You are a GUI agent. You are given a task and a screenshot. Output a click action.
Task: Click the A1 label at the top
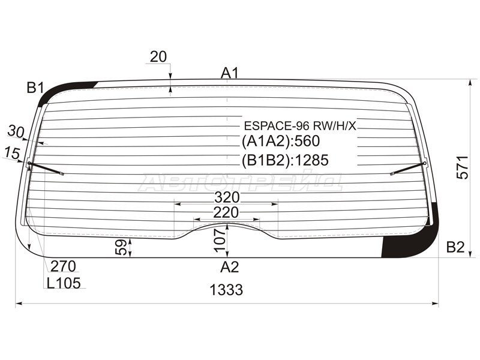230,73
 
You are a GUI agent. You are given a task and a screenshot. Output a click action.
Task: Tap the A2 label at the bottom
229,267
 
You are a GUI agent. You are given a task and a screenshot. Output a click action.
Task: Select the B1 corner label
35,88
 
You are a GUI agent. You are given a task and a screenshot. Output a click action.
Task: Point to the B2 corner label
455,247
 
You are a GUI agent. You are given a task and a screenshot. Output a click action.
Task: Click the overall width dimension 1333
227,290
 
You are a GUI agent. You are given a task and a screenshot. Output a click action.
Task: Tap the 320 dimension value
227,197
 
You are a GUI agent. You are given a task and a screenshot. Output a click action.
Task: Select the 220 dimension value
226,212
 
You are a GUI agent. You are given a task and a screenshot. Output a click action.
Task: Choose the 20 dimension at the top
158,57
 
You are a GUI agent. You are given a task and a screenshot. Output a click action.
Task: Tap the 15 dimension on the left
10,153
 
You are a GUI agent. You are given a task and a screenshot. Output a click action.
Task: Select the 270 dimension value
63,266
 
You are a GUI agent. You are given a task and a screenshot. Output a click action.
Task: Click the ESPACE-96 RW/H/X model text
300,127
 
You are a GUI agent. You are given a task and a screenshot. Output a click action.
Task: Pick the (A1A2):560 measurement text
281,142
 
